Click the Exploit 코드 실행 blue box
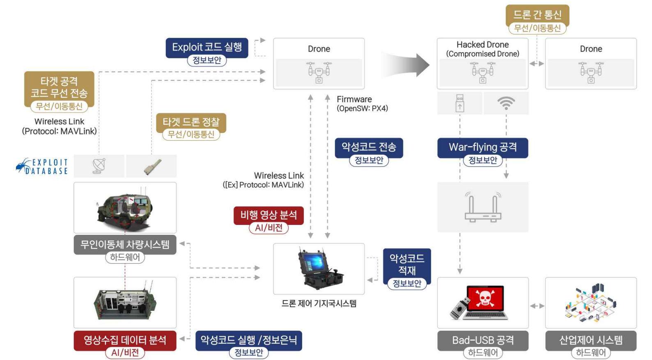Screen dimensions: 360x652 point(207,48)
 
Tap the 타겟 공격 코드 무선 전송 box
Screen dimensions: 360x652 point(59,87)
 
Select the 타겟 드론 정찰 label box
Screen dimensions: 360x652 point(191,122)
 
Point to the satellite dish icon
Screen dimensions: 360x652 point(99,166)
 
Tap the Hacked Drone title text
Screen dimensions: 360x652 point(482,45)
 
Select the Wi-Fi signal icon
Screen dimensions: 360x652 point(506,103)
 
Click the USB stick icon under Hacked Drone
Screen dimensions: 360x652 point(460,103)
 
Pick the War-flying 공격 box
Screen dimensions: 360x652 point(482,147)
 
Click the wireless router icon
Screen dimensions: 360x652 point(483,207)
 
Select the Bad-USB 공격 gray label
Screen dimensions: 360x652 point(483,340)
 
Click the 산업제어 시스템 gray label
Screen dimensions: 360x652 point(590,340)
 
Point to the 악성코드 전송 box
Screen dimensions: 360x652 point(369,147)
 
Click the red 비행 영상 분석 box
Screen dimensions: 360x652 point(269,215)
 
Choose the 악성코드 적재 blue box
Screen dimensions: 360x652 point(407,265)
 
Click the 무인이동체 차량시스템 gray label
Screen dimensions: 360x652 point(125,244)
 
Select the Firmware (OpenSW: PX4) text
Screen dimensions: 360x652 point(362,103)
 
